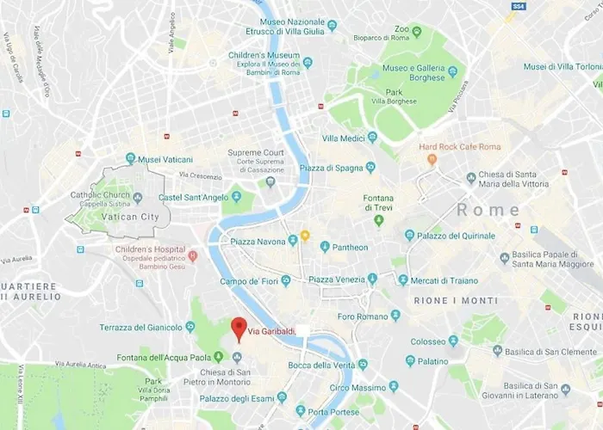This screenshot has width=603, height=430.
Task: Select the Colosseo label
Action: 428,341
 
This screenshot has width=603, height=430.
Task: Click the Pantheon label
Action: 351,247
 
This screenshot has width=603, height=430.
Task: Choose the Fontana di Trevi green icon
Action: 377,221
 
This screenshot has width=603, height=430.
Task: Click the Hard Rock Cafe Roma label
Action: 459,146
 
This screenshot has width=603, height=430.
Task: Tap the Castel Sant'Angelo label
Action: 194,197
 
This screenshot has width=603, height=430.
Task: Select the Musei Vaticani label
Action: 165,158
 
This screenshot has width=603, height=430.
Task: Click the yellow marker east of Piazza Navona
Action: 305,236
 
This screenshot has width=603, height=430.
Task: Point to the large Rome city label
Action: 488,210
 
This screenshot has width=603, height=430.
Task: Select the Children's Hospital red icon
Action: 193,255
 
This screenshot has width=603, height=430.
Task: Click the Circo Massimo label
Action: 351,388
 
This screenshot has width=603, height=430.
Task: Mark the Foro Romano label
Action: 364,316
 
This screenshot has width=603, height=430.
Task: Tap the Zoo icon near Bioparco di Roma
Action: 417,32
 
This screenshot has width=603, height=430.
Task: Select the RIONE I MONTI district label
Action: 456,301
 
